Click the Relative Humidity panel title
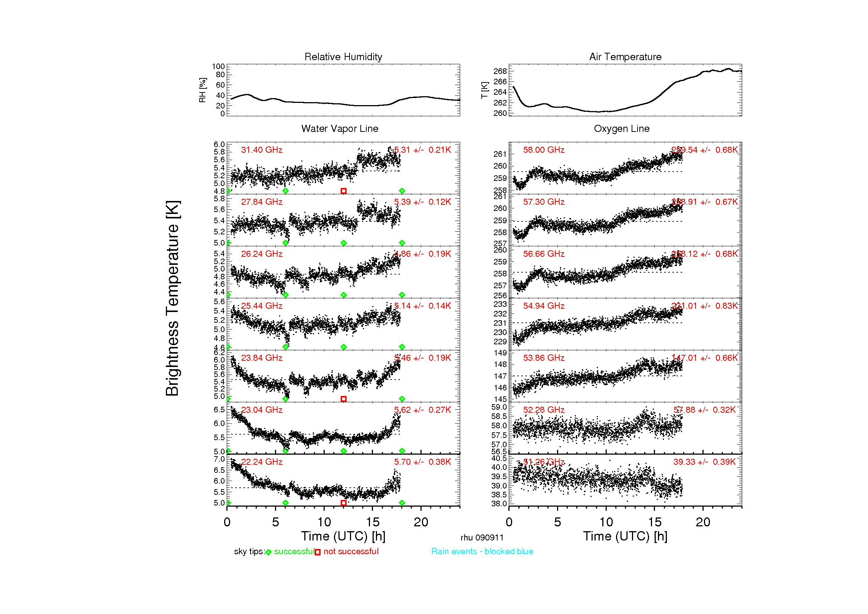(343, 57)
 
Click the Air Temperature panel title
(625, 57)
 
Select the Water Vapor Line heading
(340, 129)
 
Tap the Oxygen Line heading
(622, 129)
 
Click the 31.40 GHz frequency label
(262, 150)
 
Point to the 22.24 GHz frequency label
(262, 462)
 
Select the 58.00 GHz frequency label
(544, 150)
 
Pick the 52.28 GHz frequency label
(544, 410)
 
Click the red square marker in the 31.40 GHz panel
(343, 191)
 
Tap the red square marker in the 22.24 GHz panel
(343, 503)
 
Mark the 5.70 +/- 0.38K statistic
(422, 462)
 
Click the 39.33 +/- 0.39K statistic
(704, 462)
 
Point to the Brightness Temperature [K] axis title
(173, 298)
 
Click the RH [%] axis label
(202, 90)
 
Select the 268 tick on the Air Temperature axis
(500, 71)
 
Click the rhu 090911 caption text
(482, 537)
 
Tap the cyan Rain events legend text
(482, 551)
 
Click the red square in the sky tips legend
(318, 552)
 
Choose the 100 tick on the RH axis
(218, 66)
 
